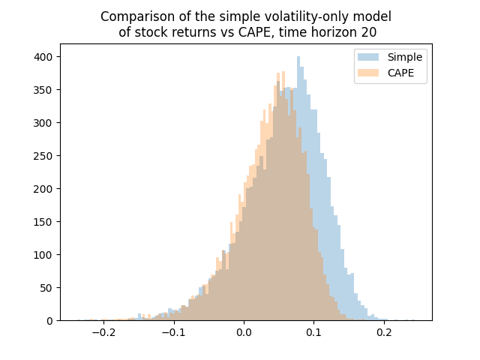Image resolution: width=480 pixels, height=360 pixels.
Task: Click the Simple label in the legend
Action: pyautogui.click(x=405, y=57)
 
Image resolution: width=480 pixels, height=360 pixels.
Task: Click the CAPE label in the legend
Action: pyautogui.click(x=401, y=73)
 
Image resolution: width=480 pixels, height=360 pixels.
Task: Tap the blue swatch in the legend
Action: pyautogui.click(x=370, y=57)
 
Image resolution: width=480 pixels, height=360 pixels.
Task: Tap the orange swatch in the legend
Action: pyautogui.click(x=370, y=73)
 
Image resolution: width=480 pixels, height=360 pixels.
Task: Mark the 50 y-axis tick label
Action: pyautogui.click(x=48, y=287)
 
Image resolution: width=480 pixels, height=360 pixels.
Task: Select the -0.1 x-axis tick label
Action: pyautogui.click(x=172, y=332)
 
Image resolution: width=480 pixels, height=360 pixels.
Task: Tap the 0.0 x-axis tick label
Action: pyautogui.click(x=244, y=332)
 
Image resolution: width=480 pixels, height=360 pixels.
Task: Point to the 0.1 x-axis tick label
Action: pyautogui.click(x=315, y=332)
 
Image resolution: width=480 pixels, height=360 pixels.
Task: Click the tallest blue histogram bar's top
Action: pyautogui.click(x=298, y=57)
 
